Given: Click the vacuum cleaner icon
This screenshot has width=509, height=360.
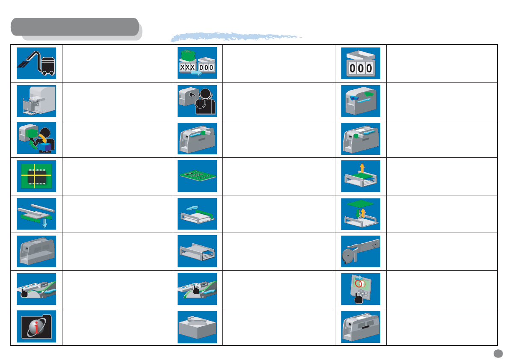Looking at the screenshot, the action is tap(36, 63).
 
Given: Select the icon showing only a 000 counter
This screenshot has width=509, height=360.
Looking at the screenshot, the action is tap(360, 63).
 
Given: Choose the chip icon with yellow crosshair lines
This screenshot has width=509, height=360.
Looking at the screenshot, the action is tap(36, 176).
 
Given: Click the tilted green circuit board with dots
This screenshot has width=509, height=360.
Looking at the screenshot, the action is tap(197, 176).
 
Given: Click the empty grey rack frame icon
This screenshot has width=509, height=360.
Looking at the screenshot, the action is tap(197, 251).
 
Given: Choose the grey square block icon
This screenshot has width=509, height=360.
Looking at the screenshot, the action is tap(197, 327).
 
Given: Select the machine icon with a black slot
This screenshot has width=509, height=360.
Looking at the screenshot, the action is tap(360, 327).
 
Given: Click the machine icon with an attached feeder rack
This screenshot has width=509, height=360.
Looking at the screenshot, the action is tap(36, 101).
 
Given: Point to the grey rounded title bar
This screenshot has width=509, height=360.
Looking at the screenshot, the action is tap(75, 27).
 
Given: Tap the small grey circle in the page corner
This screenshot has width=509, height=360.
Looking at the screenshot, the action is tap(497, 353).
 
